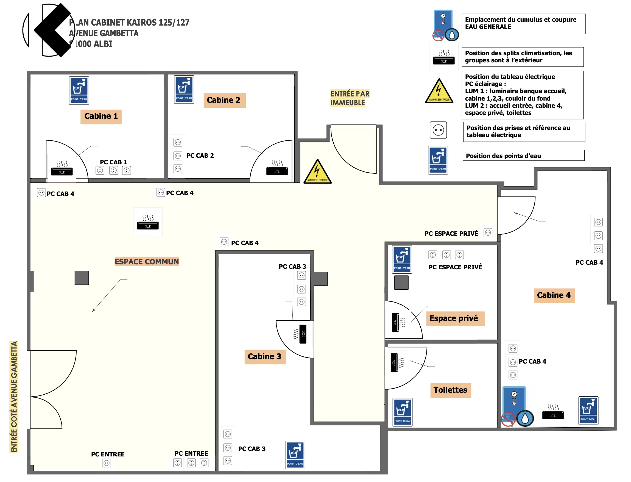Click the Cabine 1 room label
101,116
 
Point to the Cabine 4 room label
554,295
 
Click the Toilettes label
450,390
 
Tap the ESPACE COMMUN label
147,262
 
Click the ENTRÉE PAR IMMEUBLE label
350,98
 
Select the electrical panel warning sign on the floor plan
318,172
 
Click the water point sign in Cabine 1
79,90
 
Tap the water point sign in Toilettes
403,412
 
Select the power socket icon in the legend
438,130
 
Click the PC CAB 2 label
200,156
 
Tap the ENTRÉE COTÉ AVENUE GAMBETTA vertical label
14,397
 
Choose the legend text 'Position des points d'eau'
503,156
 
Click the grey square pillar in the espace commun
82,278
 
